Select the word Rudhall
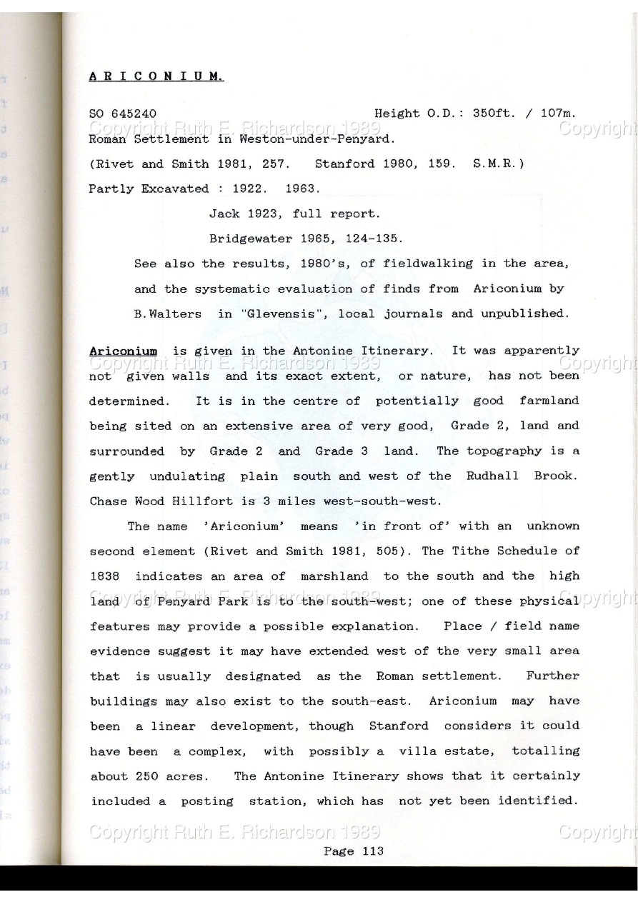point(492,476)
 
